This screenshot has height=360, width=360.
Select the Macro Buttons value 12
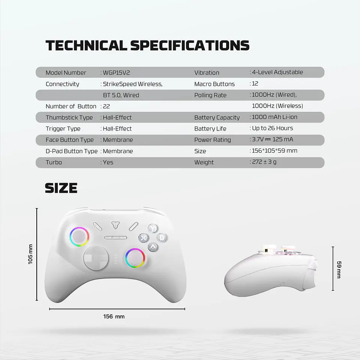tap(255, 84)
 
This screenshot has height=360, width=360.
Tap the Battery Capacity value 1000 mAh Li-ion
tap(274, 117)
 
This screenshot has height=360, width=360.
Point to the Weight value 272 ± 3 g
tap(264, 162)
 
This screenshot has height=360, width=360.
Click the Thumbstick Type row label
tap(69, 117)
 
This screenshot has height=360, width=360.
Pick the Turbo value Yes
tap(108, 162)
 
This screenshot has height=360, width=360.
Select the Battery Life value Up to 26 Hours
tap(272, 128)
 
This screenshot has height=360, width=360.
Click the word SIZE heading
tap(61, 188)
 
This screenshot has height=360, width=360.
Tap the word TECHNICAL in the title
tap(86, 45)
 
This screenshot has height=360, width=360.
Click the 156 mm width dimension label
tap(114, 316)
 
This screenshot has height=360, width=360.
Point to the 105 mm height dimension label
tap(30, 254)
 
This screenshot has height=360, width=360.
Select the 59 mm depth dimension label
tap(339, 269)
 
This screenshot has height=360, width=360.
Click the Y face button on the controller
tap(152, 228)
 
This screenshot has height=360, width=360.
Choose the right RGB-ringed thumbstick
tap(135, 258)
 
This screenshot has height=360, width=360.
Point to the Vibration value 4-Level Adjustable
tap(277, 72)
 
